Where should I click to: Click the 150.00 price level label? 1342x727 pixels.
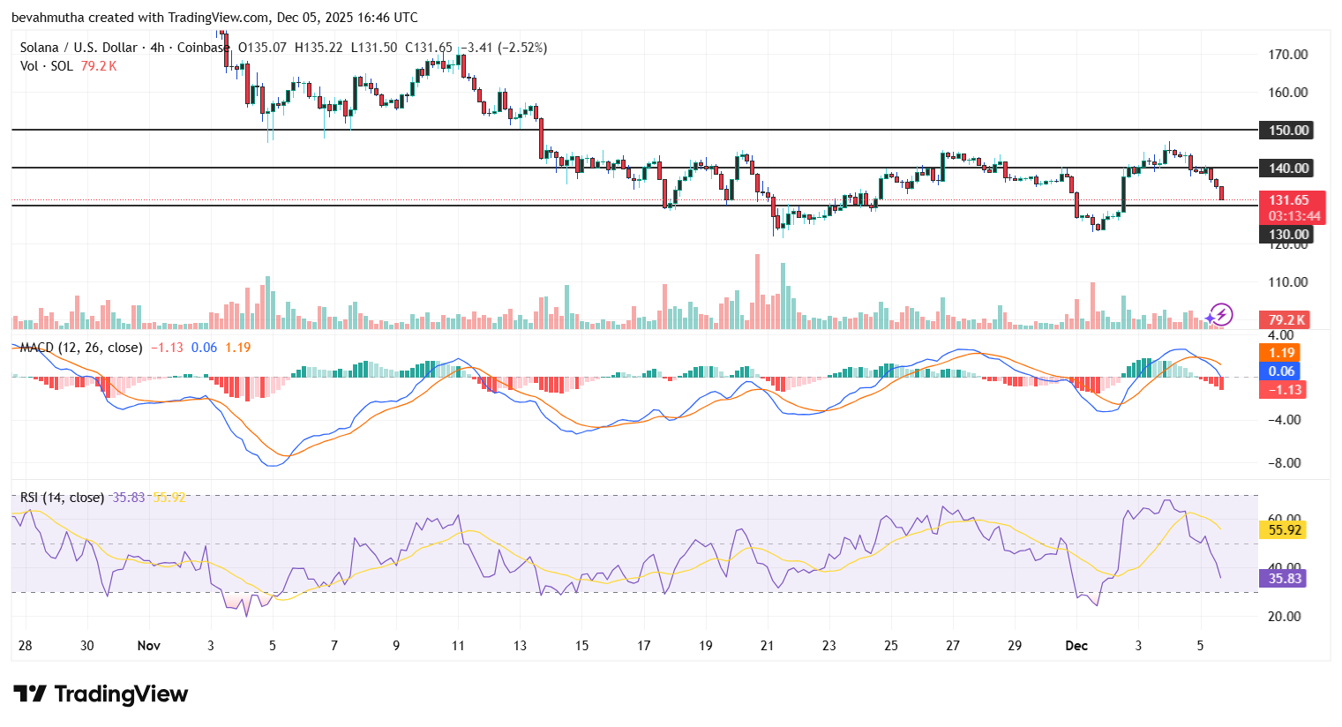(x=1288, y=131)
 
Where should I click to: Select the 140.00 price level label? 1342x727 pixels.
(x=1288, y=169)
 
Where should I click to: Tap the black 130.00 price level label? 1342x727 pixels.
(x=1288, y=235)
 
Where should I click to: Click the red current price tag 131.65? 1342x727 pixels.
(x=1288, y=200)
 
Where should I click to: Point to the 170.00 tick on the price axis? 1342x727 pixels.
(x=1287, y=55)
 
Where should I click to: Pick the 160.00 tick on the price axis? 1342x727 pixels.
(x=1287, y=93)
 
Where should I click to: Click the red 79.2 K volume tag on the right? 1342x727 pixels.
(x=1286, y=320)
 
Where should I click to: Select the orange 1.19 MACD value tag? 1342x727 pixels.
(x=1281, y=353)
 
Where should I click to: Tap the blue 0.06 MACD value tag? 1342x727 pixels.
(x=1281, y=371)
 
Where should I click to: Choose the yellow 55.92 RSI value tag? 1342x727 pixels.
(x=1284, y=530)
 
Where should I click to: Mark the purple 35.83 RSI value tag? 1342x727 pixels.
(x=1284, y=579)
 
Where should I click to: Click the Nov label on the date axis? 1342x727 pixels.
(x=149, y=646)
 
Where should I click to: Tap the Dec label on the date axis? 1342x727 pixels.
(x=1076, y=646)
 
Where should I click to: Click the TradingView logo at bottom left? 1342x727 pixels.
(x=101, y=694)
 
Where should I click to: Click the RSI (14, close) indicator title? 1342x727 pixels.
(x=62, y=498)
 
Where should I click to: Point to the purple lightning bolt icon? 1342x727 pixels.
(x=1221, y=314)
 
